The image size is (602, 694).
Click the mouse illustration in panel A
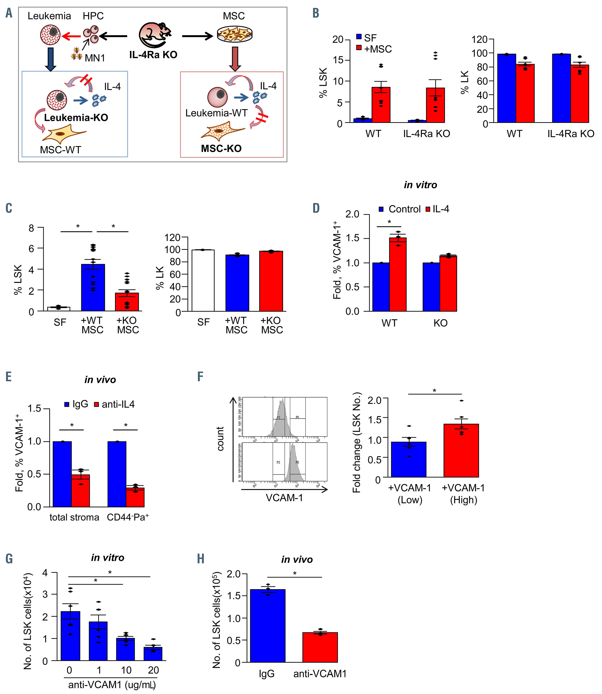pos(155,35)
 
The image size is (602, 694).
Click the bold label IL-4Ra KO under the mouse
pos(153,55)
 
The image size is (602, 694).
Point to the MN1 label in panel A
pos(95,58)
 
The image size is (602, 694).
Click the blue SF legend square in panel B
pos(359,37)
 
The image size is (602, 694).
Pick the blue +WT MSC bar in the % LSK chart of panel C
pos(93,287)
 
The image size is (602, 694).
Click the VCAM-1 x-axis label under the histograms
pos(284,498)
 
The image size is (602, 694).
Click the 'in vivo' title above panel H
pos(297,560)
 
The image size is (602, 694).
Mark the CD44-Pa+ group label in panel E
pos(128,517)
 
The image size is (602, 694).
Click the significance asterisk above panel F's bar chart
pos(434,391)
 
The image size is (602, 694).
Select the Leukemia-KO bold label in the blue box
pos(76,118)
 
